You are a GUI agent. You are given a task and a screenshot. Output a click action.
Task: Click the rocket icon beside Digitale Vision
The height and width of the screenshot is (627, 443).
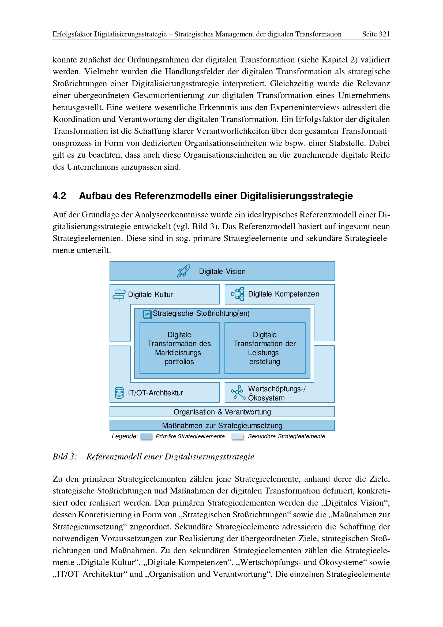(183, 271)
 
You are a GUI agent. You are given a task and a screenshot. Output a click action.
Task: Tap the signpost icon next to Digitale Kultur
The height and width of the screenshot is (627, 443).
(119, 295)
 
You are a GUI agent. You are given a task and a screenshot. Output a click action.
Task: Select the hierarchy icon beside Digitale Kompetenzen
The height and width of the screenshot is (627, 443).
(238, 294)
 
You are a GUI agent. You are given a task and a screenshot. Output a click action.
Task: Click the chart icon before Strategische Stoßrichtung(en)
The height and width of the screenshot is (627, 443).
(147, 314)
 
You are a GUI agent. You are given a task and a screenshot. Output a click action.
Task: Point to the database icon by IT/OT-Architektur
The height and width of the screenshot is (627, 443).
(119, 393)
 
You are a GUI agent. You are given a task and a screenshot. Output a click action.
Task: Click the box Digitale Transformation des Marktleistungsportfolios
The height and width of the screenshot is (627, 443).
(179, 348)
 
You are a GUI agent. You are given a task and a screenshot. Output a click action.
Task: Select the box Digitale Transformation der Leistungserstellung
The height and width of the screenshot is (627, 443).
(265, 348)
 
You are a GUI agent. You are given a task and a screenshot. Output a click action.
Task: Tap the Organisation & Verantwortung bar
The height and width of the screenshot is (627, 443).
(222, 412)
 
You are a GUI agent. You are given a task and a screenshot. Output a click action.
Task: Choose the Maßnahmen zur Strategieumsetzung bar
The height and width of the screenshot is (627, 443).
(222, 425)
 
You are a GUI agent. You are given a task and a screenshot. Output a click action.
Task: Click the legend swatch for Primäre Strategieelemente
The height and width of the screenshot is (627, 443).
(146, 436)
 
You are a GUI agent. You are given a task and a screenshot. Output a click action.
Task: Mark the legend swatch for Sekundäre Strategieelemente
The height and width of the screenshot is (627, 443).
(237, 436)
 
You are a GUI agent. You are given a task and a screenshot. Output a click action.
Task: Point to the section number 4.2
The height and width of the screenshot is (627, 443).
(59, 196)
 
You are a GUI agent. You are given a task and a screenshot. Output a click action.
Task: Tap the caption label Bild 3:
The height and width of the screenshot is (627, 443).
(65, 457)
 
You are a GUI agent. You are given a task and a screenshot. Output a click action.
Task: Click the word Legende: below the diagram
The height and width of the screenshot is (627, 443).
(125, 436)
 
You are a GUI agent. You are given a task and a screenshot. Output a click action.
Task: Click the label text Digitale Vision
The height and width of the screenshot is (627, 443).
(222, 272)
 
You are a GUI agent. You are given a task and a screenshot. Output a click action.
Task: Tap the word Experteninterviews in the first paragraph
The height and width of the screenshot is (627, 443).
(305, 107)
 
